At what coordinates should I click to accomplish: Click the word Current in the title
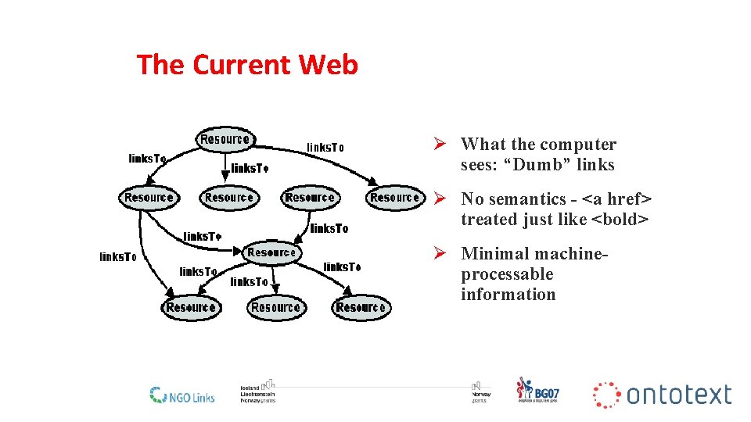coord(242,64)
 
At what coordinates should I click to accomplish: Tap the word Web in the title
coord(329,64)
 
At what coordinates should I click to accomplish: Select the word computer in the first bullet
coord(578,145)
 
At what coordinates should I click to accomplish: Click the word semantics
coord(524,199)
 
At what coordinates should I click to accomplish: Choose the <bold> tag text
coord(620,220)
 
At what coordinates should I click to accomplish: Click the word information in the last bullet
coord(508,295)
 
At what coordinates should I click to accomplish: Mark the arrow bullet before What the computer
coord(440,145)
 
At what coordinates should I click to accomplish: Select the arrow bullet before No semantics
coord(440,199)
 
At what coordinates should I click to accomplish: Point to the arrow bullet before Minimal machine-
coord(440,254)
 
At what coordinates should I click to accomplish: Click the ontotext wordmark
coord(678,395)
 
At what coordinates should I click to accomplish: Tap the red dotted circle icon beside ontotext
coord(606,395)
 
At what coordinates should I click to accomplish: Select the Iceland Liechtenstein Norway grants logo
coord(257,392)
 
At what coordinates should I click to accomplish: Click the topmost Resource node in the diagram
coord(225,140)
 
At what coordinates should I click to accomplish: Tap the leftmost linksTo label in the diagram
coord(118,256)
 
